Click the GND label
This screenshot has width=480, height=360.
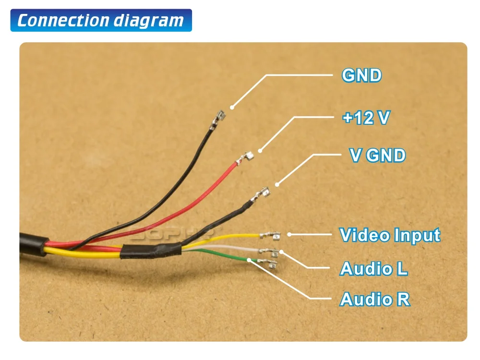(361, 75)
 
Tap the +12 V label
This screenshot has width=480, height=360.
(365, 118)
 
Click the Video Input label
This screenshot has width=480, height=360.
(390, 235)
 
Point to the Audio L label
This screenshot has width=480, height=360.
(374, 268)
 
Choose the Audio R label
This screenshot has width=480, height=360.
(375, 299)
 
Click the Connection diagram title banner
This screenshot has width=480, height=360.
(101, 21)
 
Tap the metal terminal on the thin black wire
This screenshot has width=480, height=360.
(220, 116)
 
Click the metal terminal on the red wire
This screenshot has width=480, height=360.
(248, 156)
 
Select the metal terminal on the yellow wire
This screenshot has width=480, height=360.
(270, 235)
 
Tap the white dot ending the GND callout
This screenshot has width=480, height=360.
(232, 107)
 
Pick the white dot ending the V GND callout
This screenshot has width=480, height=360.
(276, 184)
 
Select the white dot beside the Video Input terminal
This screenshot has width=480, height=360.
(289, 234)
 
